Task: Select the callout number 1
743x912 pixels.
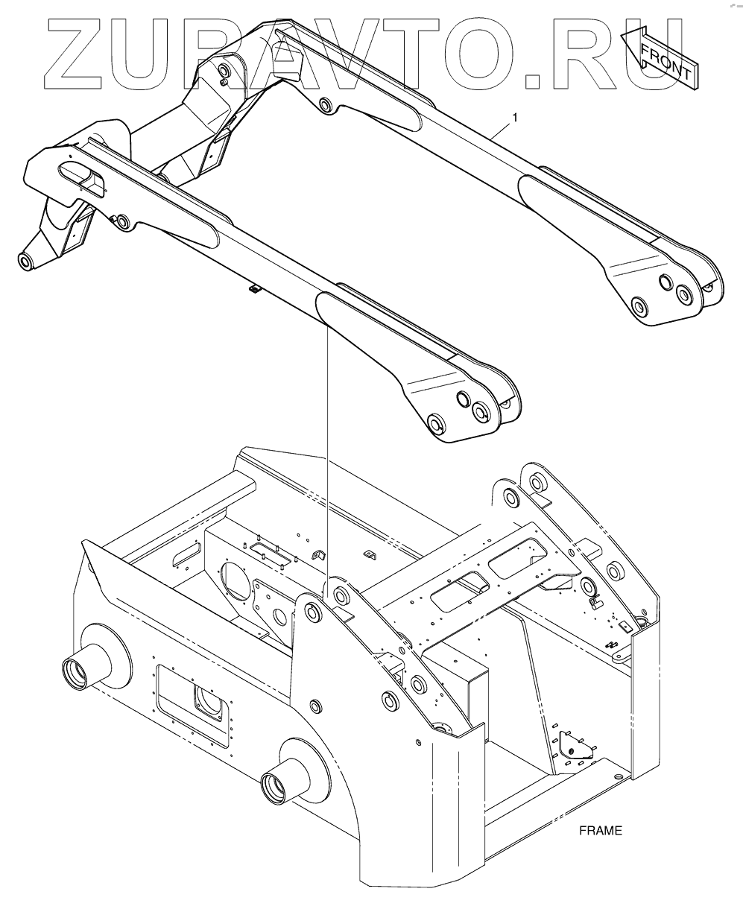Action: click(514, 118)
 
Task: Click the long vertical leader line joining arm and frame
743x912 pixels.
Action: click(327, 447)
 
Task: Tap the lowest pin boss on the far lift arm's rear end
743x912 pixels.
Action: click(639, 305)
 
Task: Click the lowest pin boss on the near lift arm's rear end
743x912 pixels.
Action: click(434, 425)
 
